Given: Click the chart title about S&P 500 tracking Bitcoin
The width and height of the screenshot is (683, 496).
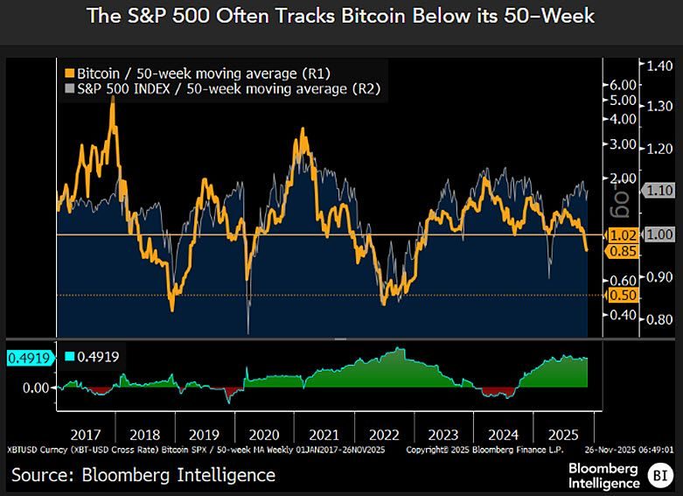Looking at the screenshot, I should click(x=341, y=16).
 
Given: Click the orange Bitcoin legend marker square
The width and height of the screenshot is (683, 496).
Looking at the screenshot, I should click(x=69, y=74).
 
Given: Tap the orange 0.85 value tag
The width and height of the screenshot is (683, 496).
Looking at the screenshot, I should click(x=622, y=250).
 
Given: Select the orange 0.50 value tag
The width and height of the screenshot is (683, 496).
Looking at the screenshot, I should click(x=622, y=295).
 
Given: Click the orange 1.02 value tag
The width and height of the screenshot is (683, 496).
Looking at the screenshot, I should click(x=622, y=234).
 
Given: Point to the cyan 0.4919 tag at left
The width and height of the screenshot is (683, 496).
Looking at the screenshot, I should click(x=24, y=357).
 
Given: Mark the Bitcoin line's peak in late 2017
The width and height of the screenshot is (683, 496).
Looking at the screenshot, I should click(x=113, y=98).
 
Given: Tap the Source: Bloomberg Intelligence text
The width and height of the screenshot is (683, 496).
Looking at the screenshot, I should click(x=143, y=475).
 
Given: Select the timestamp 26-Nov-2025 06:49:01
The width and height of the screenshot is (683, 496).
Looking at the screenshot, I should click(x=627, y=450).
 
